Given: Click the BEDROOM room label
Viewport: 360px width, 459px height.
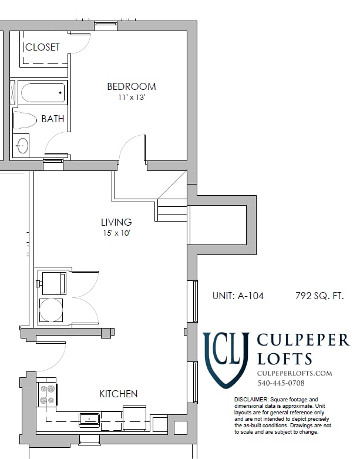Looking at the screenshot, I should pyautogui.click(x=131, y=86).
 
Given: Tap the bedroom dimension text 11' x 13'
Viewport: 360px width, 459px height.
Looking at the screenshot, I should pyautogui.click(x=131, y=98).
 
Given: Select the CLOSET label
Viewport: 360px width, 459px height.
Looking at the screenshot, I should pyautogui.click(x=42, y=47).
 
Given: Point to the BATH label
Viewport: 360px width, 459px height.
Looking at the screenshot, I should pyautogui.click(x=52, y=119).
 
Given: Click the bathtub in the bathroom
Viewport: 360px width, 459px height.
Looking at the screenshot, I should pyautogui.click(x=42, y=93).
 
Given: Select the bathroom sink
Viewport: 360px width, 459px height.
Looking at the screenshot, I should pyautogui.click(x=22, y=145).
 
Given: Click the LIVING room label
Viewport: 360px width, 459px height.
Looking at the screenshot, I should pyautogui.click(x=116, y=222).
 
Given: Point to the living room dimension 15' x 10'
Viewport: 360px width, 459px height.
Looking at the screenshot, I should pyautogui.click(x=116, y=233).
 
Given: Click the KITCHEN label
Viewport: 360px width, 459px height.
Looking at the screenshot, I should pyautogui.click(x=118, y=394).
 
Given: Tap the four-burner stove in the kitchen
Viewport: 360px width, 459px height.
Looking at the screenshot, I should pyautogui.click(x=47, y=394).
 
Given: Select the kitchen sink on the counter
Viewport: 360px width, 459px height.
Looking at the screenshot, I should pyautogui.click(x=89, y=418).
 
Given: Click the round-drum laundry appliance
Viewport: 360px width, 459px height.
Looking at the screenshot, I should pyautogui.click(x=51, y=310).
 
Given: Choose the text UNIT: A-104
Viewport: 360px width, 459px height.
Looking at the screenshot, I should pyautogui.click(x=238, y=296).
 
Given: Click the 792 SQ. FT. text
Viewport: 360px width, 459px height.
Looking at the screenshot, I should pyautogui.click(x=319, y=296).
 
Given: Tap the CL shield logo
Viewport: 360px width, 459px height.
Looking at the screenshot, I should pyautogui.click(x=226, y=359).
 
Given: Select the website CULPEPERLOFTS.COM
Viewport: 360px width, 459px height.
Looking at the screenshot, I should pyautogui.click(x=295, y=373).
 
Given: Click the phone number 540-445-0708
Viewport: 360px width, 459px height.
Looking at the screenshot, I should pyautogui.click(x=281, y=383).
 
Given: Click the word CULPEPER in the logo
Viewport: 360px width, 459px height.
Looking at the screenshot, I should pyautogui.click(x=303, y=341).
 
